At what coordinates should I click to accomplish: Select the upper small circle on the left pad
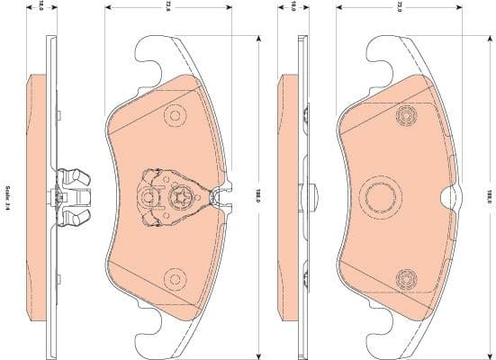click(174, 116)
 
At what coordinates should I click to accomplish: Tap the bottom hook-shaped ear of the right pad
click(377, 337)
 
